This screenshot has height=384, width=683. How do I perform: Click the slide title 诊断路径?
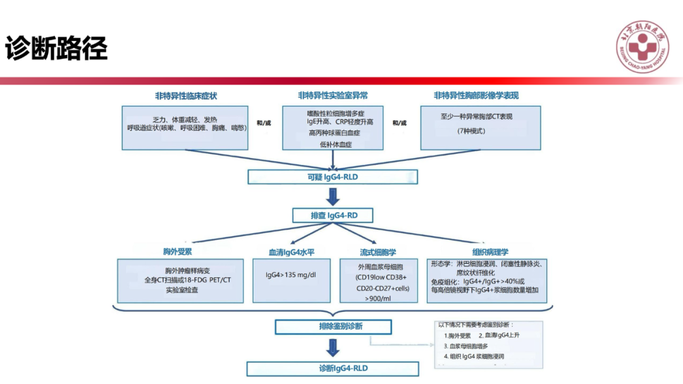(x=57, y=48)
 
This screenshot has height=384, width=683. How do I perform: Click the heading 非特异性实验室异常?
(x=333, y=96)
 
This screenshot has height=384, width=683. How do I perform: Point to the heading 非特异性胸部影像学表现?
(x=481, y=96)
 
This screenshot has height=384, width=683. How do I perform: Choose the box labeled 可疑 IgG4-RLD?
(x=333, y=177)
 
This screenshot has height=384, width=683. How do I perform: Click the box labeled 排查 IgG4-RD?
(x=333, y=216)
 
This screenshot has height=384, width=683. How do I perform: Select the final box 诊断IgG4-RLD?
(x=333, y=368)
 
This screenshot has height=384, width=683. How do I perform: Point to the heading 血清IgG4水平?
(x=291, y=252)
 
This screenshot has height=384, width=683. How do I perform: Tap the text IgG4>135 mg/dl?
(x=291, y=275)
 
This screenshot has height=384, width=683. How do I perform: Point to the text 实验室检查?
(x=182, y=290)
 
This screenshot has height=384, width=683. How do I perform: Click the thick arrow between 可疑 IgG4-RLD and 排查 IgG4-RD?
(x=333, y=196)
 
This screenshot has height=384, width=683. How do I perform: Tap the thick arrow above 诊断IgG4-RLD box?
(x=333, y=347)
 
